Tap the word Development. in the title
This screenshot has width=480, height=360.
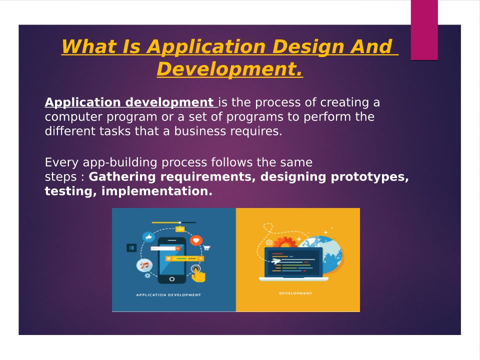pos(229,69)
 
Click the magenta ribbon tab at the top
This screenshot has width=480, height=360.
pos(424,30)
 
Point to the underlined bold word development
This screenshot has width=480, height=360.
pos(169,102)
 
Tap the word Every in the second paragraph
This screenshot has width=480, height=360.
pos(61,162)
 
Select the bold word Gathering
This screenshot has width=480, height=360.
pos(122,177)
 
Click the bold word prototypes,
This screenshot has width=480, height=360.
pos(369,177)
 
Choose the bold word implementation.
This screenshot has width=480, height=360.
pos(156,191)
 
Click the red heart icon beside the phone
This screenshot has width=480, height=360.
pos(196,240)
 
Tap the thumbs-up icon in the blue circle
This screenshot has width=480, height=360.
pos(149,237)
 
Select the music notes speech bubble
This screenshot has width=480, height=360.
pos(144,265)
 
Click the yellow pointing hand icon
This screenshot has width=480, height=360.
pos(198,275)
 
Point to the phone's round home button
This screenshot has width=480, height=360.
pos(171,279)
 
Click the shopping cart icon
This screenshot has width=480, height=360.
pos(207,247)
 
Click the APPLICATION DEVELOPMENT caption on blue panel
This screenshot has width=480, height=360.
pos(168,295)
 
